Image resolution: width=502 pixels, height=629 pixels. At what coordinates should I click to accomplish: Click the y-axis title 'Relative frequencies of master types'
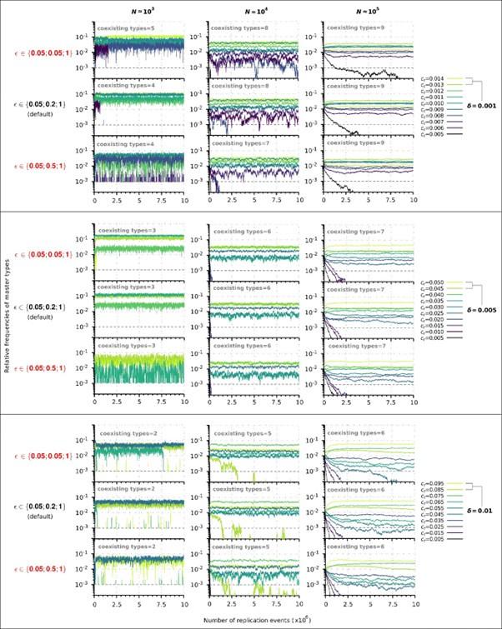pyautogui.click(x=7, y=315)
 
